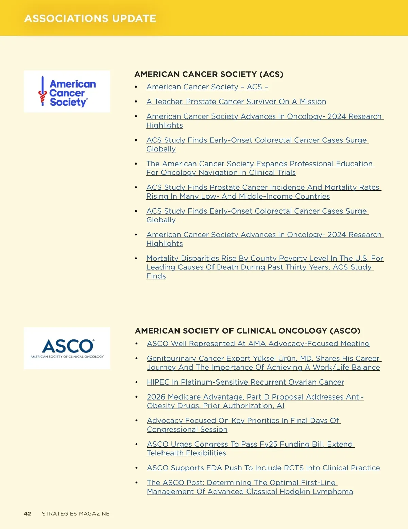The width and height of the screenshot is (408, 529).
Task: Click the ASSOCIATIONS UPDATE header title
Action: click(90, 18)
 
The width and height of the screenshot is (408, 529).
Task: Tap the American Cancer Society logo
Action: click(67, 92)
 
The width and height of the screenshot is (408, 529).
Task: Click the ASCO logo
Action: click(67, 348)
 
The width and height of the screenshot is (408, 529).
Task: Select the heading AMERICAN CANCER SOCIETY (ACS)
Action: click(209, 74)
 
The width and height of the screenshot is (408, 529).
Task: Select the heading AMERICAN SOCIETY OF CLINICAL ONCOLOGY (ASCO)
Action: click(248, 331)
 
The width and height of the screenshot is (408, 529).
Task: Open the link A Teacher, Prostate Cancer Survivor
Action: click(236, 102)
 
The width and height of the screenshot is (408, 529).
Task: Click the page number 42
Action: click(28, 514)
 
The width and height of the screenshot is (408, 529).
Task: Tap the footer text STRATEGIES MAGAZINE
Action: click(76, 514)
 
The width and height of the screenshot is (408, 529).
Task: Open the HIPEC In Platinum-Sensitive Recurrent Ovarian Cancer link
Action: click(245, 382)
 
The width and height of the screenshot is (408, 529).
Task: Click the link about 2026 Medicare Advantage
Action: click(255, 397)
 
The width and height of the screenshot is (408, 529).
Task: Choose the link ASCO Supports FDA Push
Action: click(263, 468)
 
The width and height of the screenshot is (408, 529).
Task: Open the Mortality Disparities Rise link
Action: click(265, 259)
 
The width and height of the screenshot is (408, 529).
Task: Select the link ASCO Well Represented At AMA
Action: click(258, 344)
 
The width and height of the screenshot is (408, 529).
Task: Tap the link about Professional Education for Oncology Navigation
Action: click(260, 164)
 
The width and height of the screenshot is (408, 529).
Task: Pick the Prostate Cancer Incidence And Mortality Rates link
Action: click(263, 187)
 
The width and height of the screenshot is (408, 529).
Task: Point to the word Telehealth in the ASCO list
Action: click(165, 453)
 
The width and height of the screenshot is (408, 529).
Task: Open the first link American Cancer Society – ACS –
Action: click(207, 87)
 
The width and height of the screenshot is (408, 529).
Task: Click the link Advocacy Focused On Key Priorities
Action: click(243, 421)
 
